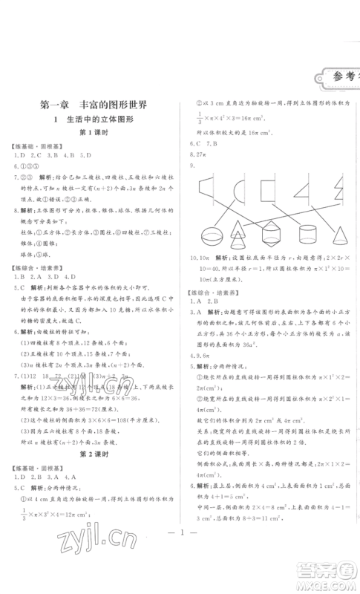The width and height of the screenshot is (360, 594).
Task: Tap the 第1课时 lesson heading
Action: [94, 134]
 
